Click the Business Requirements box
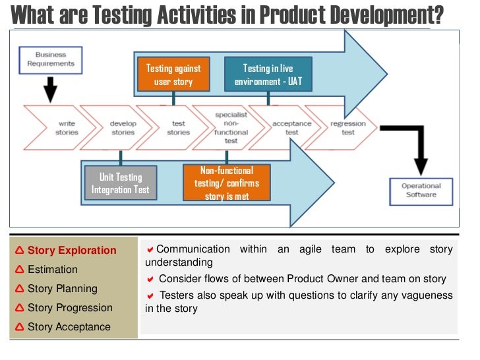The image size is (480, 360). pos(51,59)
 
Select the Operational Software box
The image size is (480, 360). pos(421,190)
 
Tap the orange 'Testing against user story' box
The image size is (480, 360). pos(173,75)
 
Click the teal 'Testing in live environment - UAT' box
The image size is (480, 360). pos(268,75)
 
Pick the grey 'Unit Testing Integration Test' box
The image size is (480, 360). pos(121,183)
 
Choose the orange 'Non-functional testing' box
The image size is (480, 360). pos(226,183)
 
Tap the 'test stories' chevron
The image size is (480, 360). pos(177,128)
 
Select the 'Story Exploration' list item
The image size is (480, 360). pos(71,251)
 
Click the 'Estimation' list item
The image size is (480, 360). pos(52,270)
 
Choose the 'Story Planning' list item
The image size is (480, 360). pos(62,289)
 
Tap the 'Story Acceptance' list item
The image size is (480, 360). pos(69,327)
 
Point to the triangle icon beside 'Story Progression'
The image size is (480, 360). pos(19,308)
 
